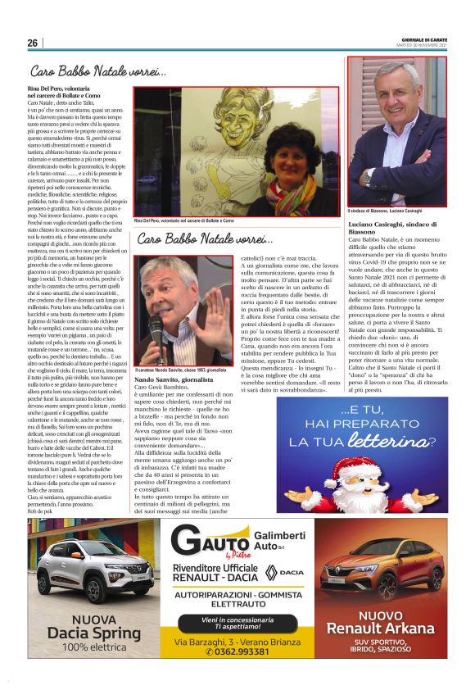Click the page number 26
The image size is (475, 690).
coord(32,43)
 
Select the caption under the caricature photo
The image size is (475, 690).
coord(183,220)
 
